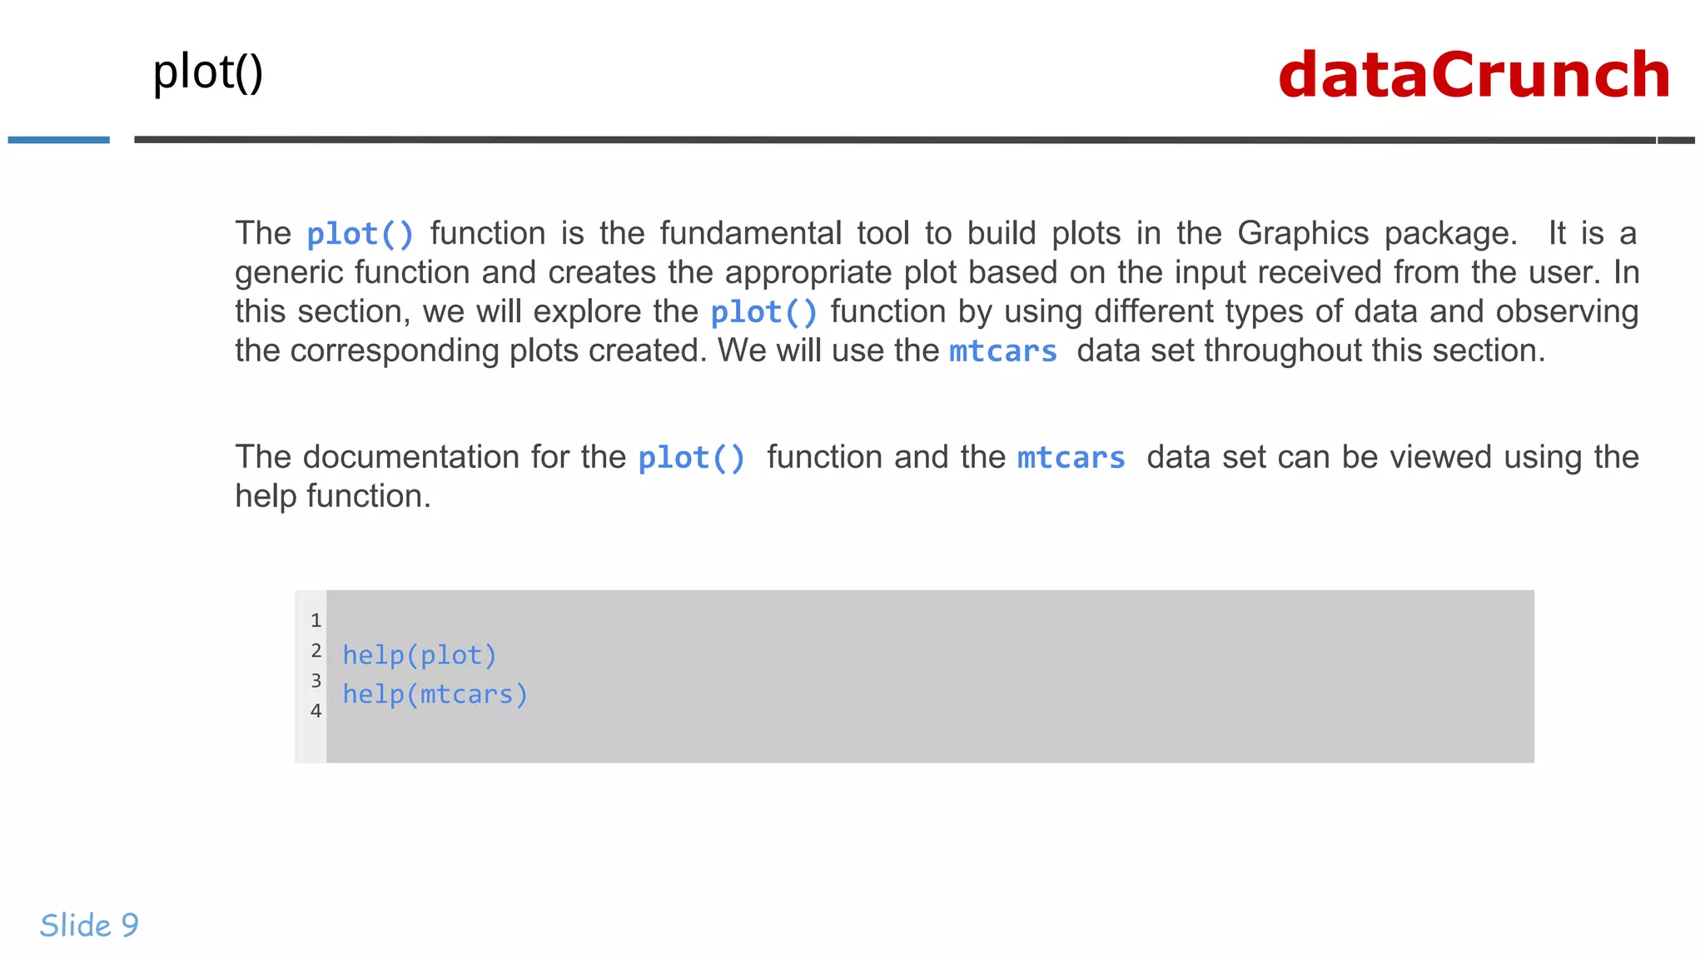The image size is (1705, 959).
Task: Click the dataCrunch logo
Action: click(x=1474, y=75)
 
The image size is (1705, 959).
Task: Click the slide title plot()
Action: click(x=208, y=72)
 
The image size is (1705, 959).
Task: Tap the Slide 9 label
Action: click(x=89, y=925)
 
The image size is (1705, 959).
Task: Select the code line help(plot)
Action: click(x=420, y=655)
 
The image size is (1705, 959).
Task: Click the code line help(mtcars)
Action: click(x=435, y=694)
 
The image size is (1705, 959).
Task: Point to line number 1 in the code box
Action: click(x=316, y=620)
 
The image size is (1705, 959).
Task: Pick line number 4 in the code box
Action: click(x=316, y=711)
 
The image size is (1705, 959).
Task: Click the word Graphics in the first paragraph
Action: click(x=1303, y=233)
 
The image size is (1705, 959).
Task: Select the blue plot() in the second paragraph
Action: click(x=691, y=458)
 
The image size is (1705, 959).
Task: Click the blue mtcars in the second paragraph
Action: click(x=1071, y=458)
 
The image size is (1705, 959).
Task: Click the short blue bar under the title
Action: click(x=58, y=140)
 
